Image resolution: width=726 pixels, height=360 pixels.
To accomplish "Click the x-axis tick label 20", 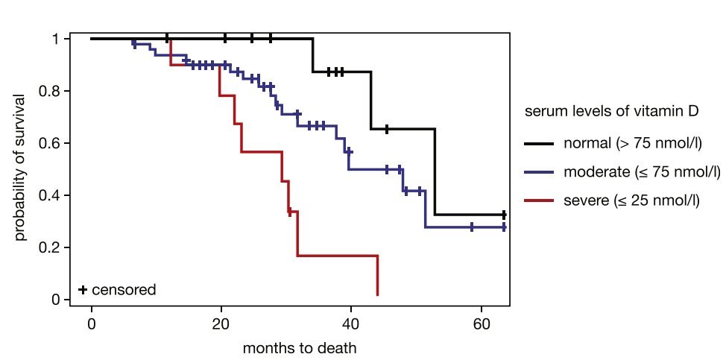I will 221,324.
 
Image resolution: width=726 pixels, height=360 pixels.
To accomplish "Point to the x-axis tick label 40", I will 351,324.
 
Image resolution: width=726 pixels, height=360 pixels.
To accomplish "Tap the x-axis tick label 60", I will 481,324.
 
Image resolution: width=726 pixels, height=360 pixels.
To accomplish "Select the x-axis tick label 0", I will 92,324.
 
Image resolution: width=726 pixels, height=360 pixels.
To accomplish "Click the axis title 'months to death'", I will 299,347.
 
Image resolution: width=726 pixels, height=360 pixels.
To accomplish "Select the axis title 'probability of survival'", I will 20,168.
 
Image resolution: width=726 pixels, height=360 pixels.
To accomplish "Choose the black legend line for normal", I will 539,143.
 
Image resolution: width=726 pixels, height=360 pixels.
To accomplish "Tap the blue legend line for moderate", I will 539,172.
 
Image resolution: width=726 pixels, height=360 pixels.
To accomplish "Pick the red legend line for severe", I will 539,200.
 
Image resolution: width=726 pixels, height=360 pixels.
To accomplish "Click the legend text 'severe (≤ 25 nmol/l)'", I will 631,200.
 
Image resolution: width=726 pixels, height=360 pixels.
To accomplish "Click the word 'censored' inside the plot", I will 124,289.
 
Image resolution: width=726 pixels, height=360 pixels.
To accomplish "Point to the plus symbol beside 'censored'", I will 83,289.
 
